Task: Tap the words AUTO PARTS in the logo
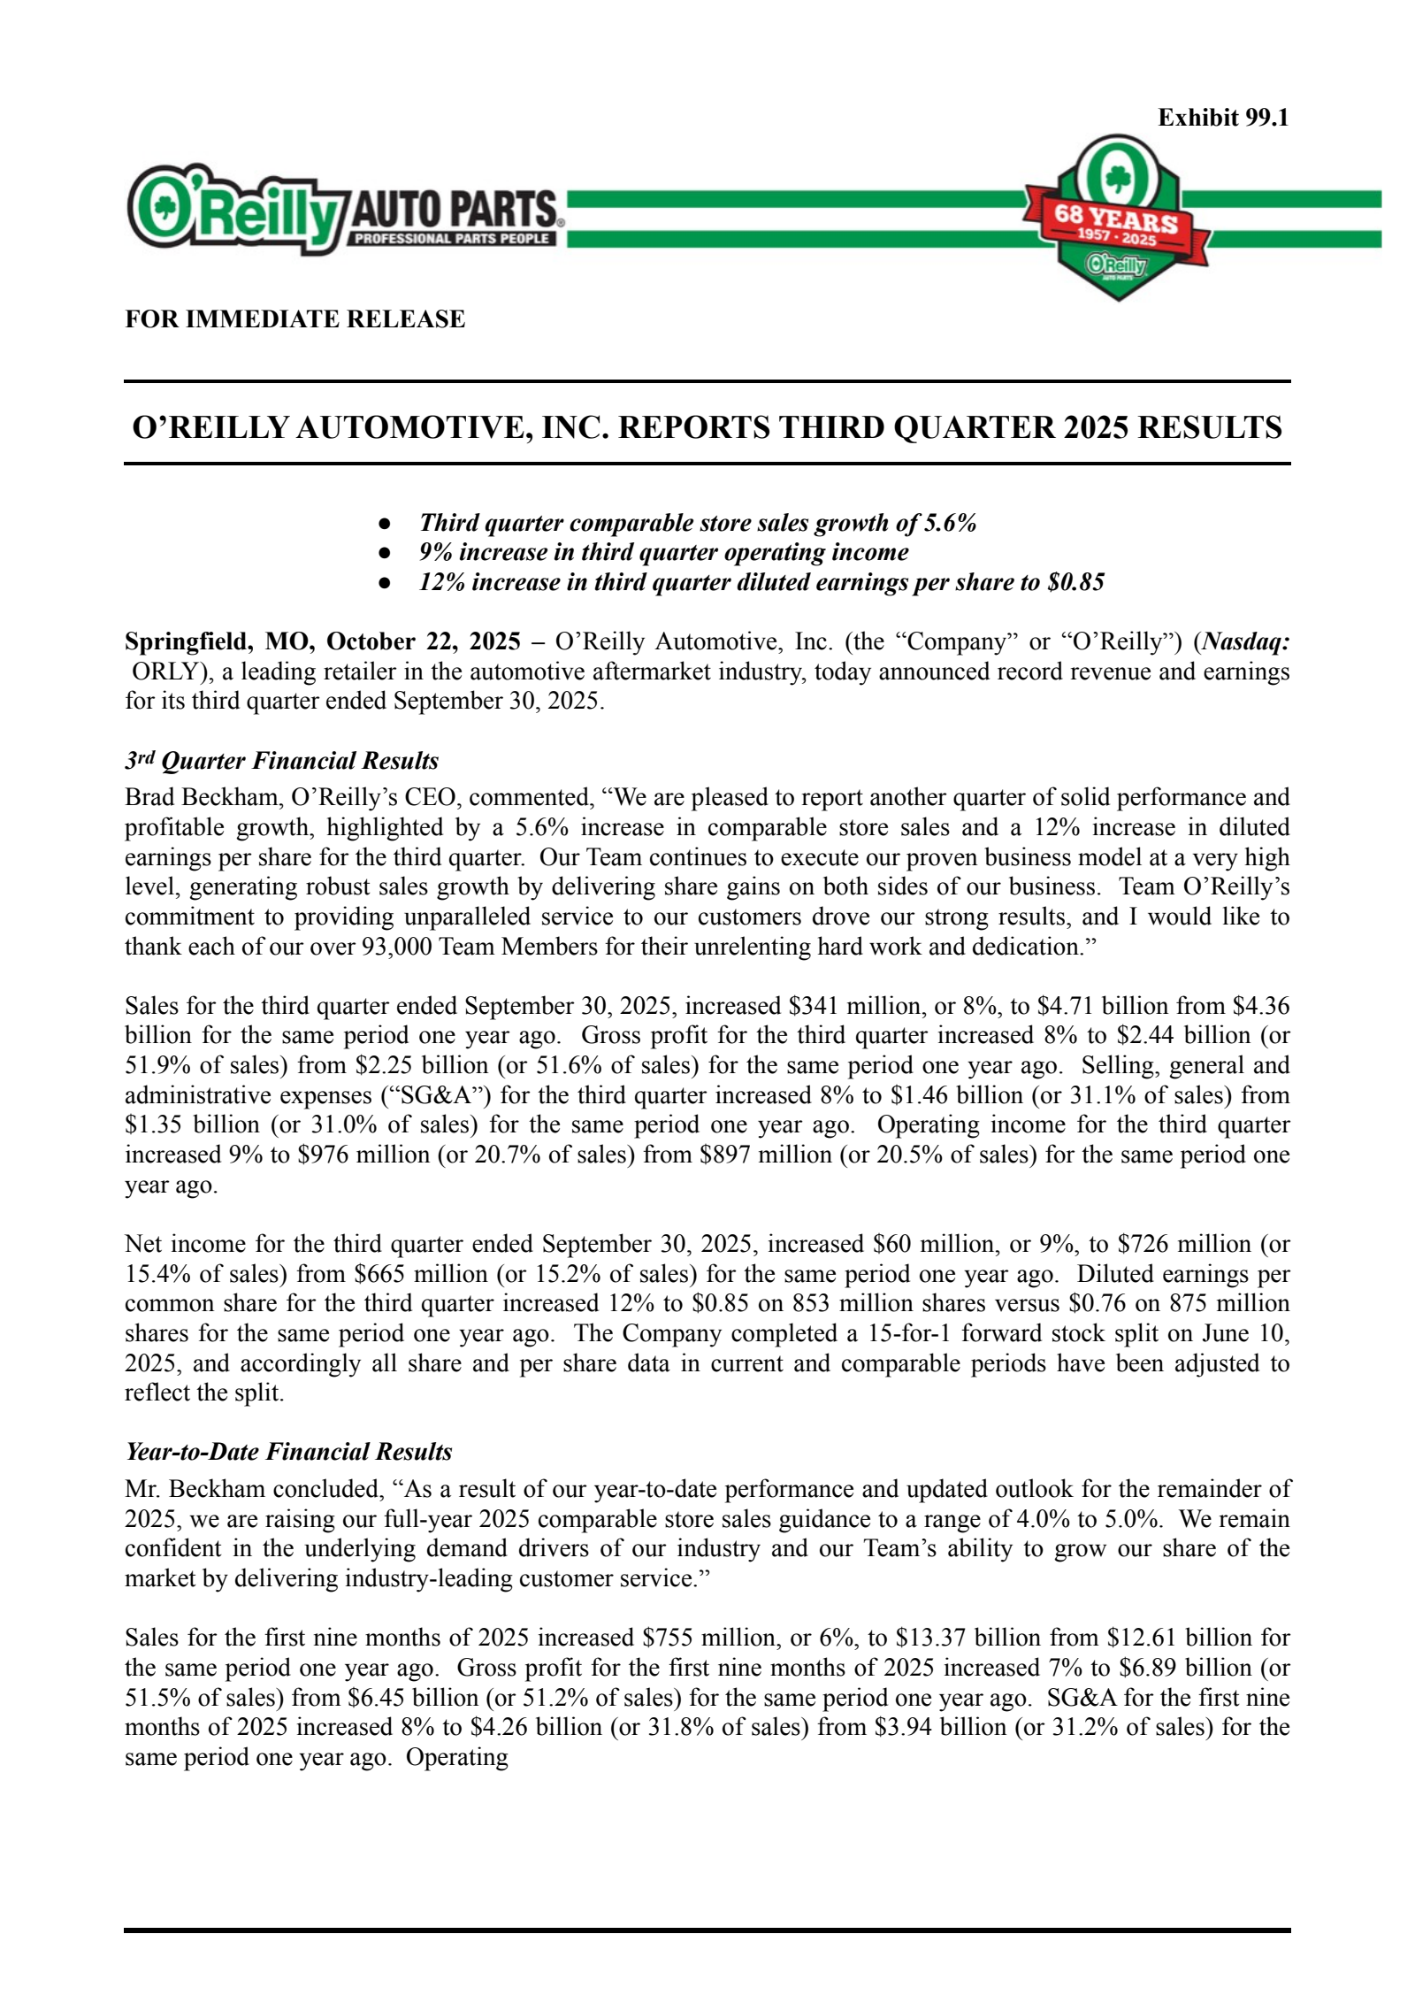[454, 211]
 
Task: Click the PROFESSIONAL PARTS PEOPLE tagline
[452, 239]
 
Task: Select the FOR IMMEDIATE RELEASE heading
[294, 318]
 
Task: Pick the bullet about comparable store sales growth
[697, 523]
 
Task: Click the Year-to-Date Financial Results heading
[288, 1452]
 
